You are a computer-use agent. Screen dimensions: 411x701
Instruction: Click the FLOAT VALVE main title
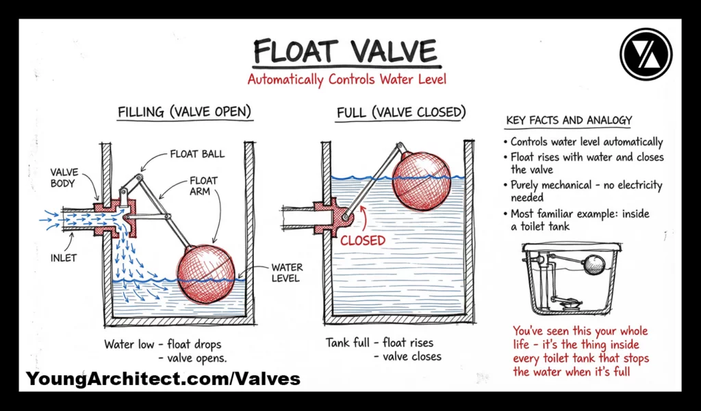pyautogui.click(x=345, y=51)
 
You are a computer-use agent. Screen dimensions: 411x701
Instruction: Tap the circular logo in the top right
pyautogui.click(x=646, y=54)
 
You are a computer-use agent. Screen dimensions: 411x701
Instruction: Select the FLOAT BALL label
pyautogui.click(x=197, y=154)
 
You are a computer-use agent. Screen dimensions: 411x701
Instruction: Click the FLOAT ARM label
pyautogui.click(x=203, y=186)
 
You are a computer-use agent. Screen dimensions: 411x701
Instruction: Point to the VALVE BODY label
pyautogui.click(x=64, y=178)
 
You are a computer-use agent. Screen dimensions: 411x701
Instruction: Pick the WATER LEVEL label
pyautogui.click(x=287, y=273)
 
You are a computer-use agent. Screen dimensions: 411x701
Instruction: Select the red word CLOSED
pyautogui.click(x=363, y=240)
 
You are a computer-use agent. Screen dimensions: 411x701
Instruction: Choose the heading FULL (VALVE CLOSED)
pyautogui.click(x=401, y=112)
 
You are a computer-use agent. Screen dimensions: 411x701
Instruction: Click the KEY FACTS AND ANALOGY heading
pyautogui.click(x=569, y=121)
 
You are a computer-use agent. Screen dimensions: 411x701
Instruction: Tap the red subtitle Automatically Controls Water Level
pyautogui.click(x=346, y=79)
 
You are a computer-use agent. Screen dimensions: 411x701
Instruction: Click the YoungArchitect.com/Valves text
pyautogui.click(x=163, y=379)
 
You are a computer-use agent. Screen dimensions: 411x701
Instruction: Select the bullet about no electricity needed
pyautogui.click(x=586, y=190)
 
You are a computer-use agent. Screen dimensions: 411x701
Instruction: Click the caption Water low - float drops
pyautogui.click(x=163, y=344)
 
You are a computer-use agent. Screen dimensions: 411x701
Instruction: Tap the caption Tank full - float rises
pyautogui.click(x=379, y=342)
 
